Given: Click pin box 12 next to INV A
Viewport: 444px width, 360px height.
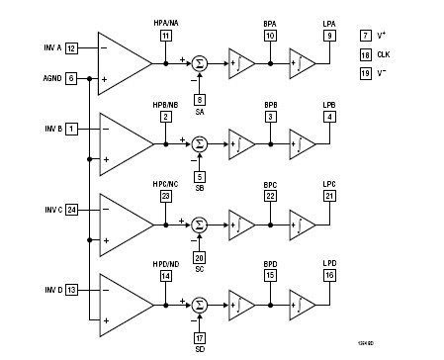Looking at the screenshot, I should [71, 47].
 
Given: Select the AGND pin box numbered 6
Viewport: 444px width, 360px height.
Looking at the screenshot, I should [71, 77].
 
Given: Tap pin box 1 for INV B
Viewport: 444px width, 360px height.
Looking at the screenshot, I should [71, 129].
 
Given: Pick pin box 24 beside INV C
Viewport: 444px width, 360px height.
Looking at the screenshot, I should [71, 210].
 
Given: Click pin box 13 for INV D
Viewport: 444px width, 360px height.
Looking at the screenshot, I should [71, 289].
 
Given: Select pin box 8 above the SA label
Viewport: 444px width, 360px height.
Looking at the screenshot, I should [200, 99].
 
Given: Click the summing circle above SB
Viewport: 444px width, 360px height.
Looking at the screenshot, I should [200, 143].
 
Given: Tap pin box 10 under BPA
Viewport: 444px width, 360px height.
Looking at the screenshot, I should [270, 36].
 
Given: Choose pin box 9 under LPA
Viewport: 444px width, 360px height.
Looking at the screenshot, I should [329, 36].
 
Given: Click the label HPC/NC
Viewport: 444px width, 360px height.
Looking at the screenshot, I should [165, 182].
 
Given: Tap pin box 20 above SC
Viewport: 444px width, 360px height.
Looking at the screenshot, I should [200, 258].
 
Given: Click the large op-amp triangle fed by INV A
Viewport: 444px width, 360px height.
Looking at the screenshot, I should [124, 62].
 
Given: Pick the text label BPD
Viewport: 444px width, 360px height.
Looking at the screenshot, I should [270, 264].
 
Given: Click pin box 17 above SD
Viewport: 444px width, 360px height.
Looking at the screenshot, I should [200, 338].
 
